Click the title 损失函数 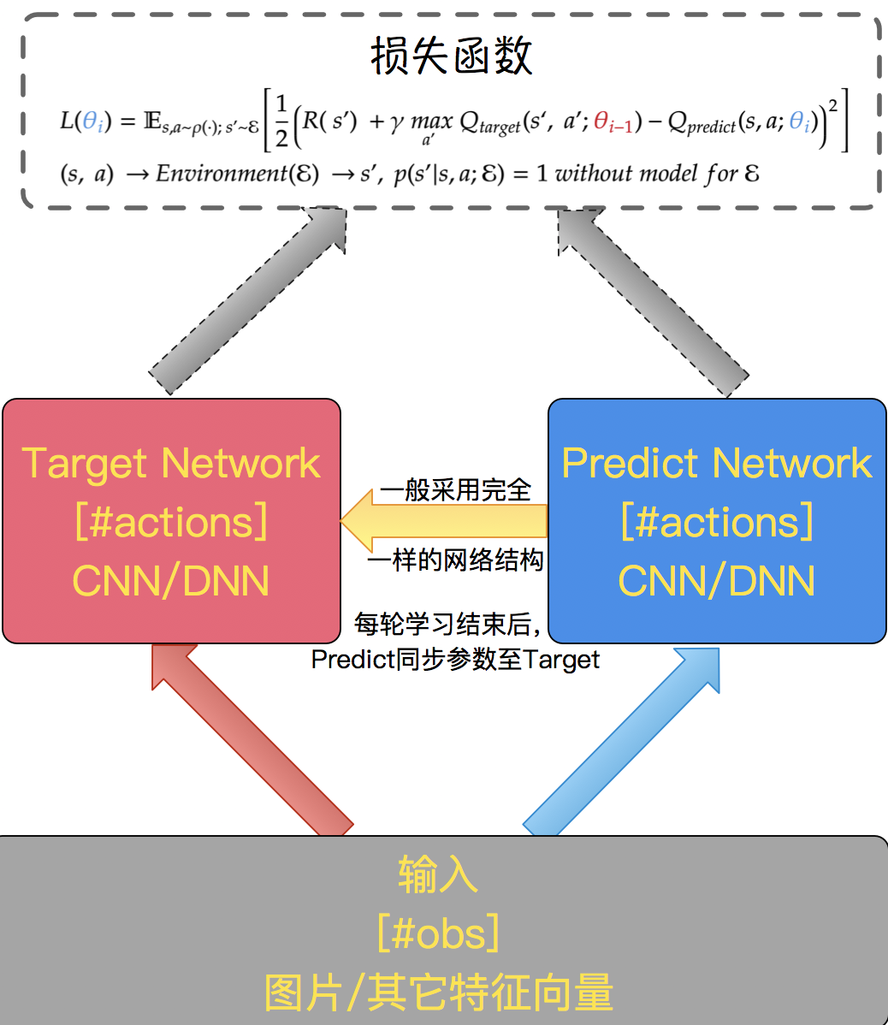pyautogui.click(x=452, y=56)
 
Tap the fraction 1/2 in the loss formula pyautogui.click(x=281, y=126)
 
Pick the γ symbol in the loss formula pyautogui.click(x=395, y=122)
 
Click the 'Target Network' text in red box pyautogui.click(x=171, y=464)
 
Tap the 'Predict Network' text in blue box pyautogui.click(x=717, y=464)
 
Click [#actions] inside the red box pyautogui.click(x=171, y=522)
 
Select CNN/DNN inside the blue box pyautogui.click(x=717, y=581)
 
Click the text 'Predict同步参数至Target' pyautogui.click(x=455, y=660)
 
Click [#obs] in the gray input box pyautogui.click(x=438, y=933)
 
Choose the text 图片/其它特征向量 pyautogui.click(x=438, y=992)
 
